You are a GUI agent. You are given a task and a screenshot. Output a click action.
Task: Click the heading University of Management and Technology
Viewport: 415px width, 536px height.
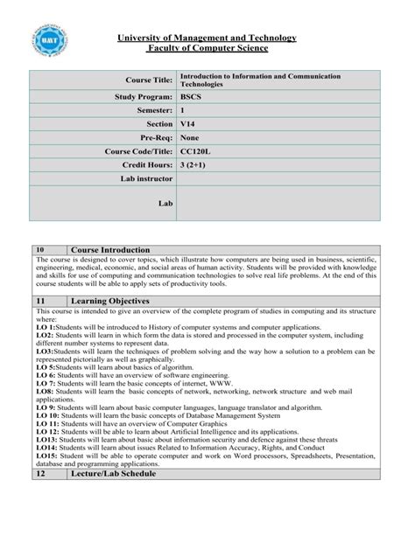(x=207, y=38)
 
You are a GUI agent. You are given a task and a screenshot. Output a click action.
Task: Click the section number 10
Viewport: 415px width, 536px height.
(x=40, y=250)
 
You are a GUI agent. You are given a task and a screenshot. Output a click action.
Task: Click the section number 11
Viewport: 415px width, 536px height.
(x=40, y=300)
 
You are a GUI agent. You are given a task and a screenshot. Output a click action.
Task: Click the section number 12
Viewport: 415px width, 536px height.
(x=40, y=473)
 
